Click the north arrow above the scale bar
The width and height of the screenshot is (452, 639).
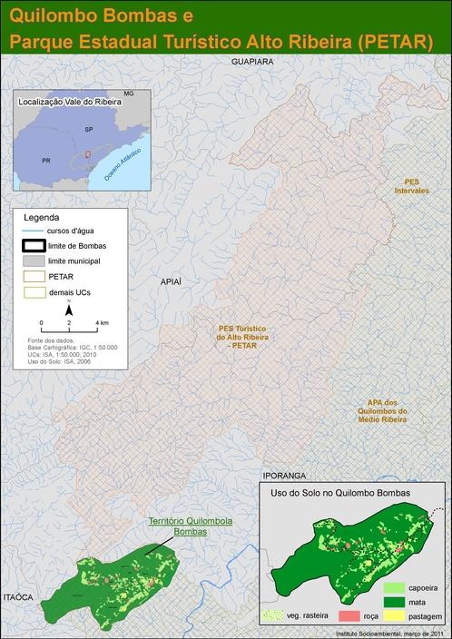69,311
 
